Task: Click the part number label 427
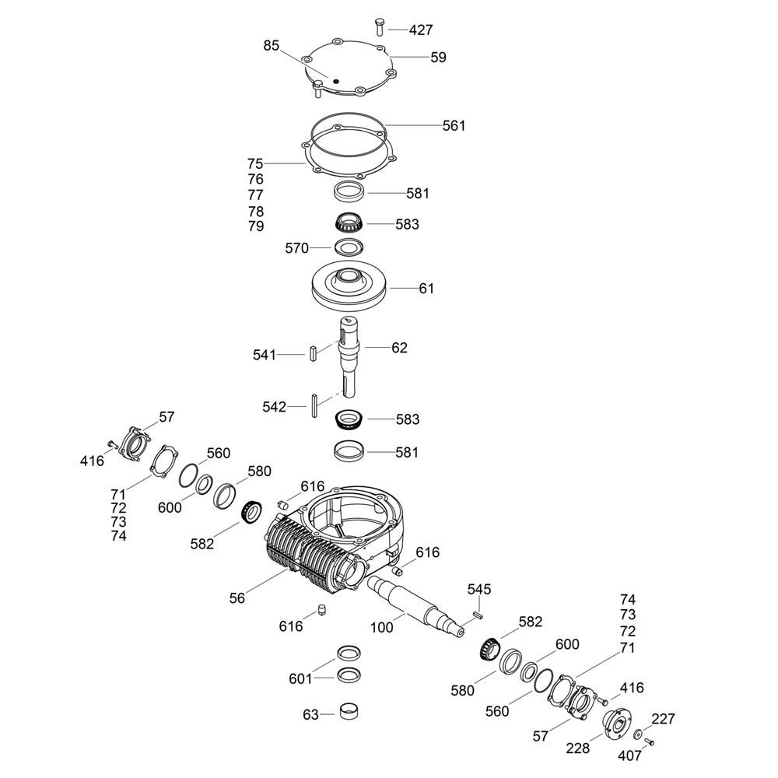point(421,30)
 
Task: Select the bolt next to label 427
point(380,26)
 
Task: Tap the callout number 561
point(454,125)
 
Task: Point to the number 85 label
point(272,46)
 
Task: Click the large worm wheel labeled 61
point(349,289)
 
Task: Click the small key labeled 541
point(313,352)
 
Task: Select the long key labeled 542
point(314,405)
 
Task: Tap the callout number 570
point(296,248)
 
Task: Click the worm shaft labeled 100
point(417,606)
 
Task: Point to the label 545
point(479,590)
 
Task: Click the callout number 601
point(300,678)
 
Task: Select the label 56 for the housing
point(237,598)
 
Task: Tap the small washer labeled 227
point(638,734)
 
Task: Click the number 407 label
point(630,755)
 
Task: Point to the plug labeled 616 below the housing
point(321,610)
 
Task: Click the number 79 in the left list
point(256,226)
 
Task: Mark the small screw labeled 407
point(649,741)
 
